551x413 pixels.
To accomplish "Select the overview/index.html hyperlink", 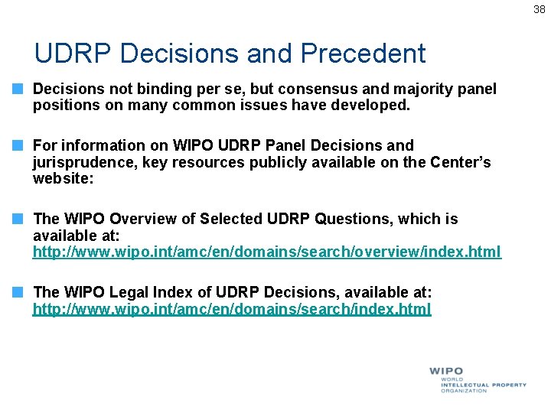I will tap(266, 252).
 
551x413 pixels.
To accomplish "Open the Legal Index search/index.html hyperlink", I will tap(231, 309).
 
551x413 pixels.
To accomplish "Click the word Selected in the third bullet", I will tap(231, 220).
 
